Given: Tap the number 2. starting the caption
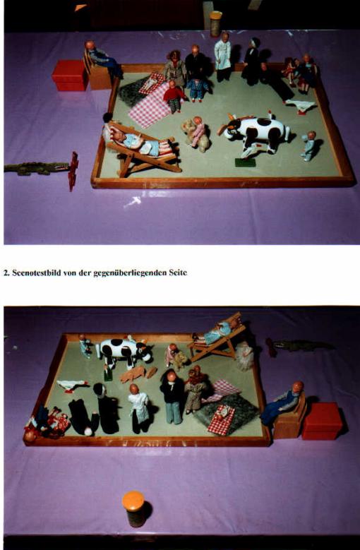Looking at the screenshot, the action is (x=6, y=273).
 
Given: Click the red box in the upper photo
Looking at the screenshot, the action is (x=70, y=76).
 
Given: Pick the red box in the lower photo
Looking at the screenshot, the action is (x=322, y=421).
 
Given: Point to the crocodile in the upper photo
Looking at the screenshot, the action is (x=37, y=168).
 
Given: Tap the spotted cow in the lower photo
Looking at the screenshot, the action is (x=124, y=350).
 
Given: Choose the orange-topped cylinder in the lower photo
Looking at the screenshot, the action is (x=133, y=508).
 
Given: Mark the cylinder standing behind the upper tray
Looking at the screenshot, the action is (x=215, y=23).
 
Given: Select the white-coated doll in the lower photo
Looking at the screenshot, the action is (x=139, y=409).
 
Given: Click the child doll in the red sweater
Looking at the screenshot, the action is (x=174, y=97).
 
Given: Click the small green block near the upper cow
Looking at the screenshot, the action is (x=245, y=162).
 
